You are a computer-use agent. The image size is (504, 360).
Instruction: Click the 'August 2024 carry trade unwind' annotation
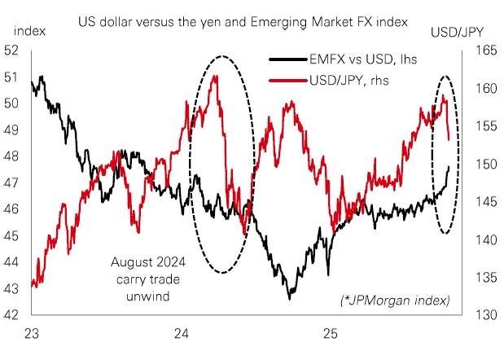click(x=148, y=278)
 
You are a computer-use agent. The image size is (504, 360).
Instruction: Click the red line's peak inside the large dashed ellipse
click(x=215, y=76)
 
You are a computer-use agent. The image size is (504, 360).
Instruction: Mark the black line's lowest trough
click(x=289, y=299)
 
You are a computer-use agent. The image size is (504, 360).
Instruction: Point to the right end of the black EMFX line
click(x=449, y=167)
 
